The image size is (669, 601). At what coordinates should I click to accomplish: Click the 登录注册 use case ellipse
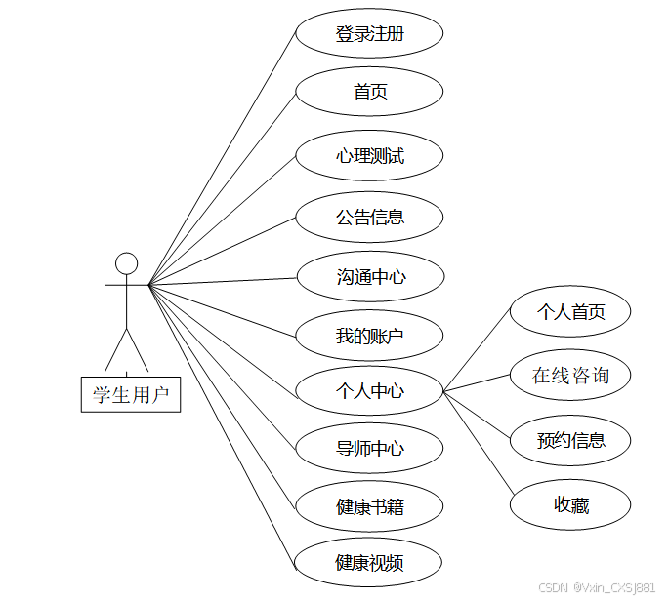(369, 34)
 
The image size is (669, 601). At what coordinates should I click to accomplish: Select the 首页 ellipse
(369, 93)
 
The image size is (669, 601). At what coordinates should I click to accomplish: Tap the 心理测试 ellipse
(369, 155)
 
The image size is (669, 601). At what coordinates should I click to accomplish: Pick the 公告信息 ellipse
(369, 217)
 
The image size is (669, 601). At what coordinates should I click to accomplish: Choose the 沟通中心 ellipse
(369, 277)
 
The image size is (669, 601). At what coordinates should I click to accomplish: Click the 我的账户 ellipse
(369, 336)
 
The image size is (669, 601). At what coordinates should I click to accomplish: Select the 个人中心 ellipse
(369, 391)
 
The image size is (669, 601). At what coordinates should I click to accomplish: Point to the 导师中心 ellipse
(369, 449)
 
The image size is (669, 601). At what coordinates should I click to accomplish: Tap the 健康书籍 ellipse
(369, 506)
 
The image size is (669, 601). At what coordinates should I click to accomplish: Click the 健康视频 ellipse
(369, 563)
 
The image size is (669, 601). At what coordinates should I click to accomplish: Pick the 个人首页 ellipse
(570, 312)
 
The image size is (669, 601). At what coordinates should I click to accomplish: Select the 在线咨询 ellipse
(570, 375)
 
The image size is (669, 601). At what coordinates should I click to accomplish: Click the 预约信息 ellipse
(570, 440)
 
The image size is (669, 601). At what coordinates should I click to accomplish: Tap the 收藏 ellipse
(570, 504)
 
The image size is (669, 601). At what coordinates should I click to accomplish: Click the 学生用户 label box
(130, 394)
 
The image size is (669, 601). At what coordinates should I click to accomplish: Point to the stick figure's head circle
(126, 263)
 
